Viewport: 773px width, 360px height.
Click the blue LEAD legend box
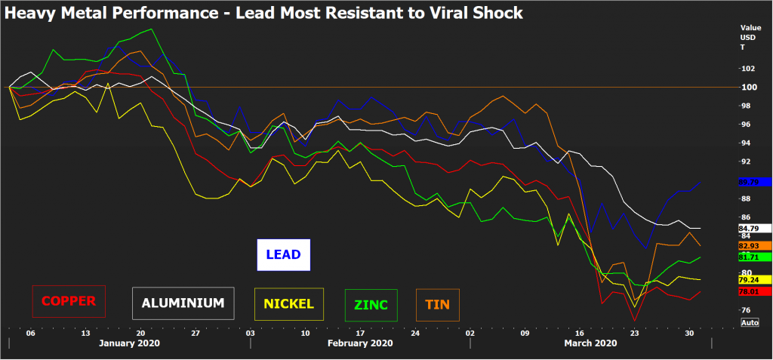[x=285, y=255]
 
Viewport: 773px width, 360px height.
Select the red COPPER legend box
[x=69, y=301]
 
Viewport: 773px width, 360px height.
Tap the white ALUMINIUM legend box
[x=183, y=303]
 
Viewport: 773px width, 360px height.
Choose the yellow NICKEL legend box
[x=289, y=304]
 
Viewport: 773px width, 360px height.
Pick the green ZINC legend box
[x=370, y=305]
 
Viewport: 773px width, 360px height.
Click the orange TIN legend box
[x=437, y=305]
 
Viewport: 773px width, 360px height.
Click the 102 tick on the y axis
[x=747, y=69]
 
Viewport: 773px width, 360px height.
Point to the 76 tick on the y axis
[x=745, y=310]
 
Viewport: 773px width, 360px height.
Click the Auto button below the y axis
[x=750, y=323]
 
